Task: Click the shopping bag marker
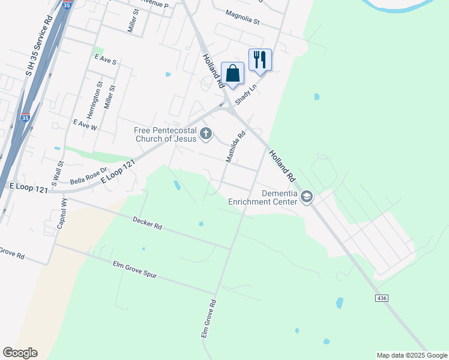pos(232,74)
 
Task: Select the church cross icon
pos(206,134)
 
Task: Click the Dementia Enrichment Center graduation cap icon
pos(307,197)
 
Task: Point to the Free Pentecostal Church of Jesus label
pos(165,134)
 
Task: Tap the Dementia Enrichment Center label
pos(263,197)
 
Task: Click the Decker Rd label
pos(147,224)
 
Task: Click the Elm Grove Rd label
pos(207,319)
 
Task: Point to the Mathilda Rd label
pos(236,146)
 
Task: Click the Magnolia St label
pos(242,17)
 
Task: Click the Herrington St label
pos(91,100)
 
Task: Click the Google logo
pos(20,353)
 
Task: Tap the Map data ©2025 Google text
pos(411,355)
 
